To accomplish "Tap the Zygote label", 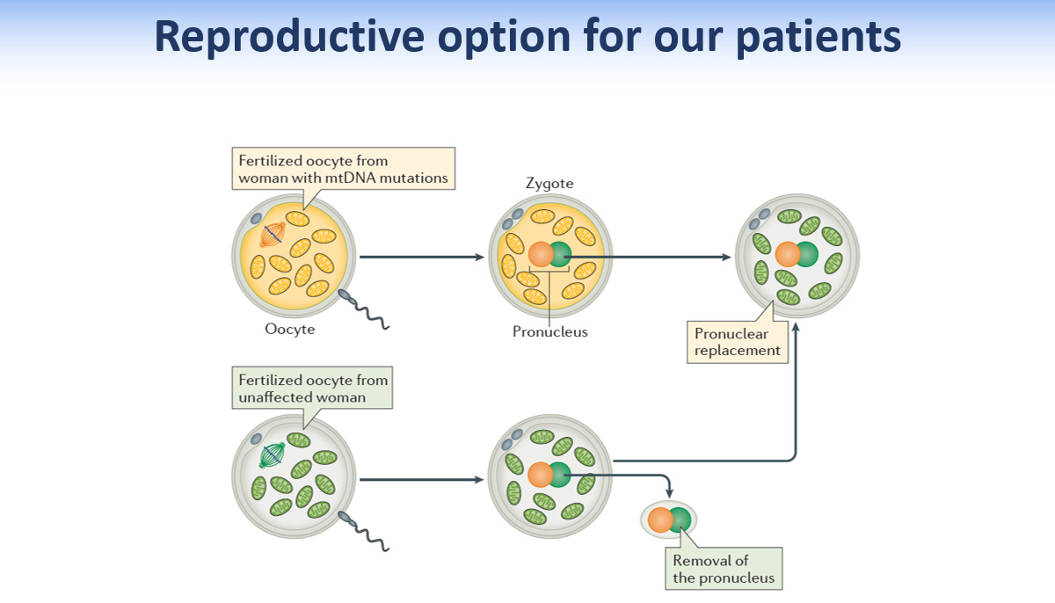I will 549,184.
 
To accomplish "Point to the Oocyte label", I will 289,330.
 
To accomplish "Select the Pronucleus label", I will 550,332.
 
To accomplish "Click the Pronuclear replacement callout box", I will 737,342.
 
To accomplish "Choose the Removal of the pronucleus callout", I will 724,569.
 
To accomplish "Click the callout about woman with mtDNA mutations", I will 344,169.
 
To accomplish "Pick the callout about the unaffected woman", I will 313,389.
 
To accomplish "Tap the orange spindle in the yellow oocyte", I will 273,233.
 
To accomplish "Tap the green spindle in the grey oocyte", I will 273,454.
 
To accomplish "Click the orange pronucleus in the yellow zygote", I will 540,255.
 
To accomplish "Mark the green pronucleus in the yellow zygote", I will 560,255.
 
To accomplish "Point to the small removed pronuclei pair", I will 669,520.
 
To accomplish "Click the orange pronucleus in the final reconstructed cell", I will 787,255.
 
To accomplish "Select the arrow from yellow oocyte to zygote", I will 422,258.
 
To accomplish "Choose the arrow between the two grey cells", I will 422,480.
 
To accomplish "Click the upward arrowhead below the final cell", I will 796,327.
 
